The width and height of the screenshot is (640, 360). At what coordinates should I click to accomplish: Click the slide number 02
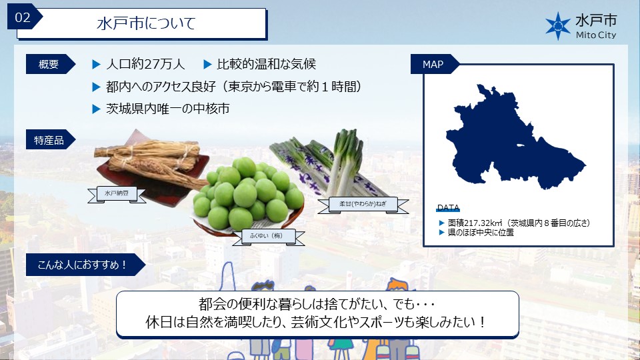[x=23, y=17]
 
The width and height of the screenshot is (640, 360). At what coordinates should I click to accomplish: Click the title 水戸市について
[x=146, y=23]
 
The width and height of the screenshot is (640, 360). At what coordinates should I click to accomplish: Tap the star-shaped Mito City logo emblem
[x=558, y=26]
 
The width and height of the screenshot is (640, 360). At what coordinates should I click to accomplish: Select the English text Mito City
[x=595, y=35]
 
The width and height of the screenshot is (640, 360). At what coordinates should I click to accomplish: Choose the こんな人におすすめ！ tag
[x=85, y=265]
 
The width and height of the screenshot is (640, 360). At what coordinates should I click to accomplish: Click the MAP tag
[x=434, y=64]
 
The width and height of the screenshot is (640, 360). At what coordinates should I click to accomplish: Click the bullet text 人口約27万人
[x=145, y=64]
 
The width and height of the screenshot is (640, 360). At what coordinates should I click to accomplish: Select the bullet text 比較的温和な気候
[x=266, y=64]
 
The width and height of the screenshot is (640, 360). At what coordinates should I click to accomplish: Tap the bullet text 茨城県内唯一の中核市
[x=168, y=109]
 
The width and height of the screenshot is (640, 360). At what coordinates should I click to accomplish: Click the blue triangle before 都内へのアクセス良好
[x=96, y=87]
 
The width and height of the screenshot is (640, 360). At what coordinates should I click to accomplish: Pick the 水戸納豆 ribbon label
[x=117, y=194]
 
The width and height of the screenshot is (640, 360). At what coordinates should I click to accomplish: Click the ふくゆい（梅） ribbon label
[x=268, y=237]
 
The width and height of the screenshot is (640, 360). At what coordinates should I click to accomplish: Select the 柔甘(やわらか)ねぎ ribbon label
[x=363, y=205]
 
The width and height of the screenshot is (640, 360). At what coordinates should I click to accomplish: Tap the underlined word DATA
[x=448, y=208]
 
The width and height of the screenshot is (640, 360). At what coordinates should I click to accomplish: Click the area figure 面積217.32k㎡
[x=475, y=223]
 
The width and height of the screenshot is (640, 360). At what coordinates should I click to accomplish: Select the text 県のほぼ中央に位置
[x=481, y=233]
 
